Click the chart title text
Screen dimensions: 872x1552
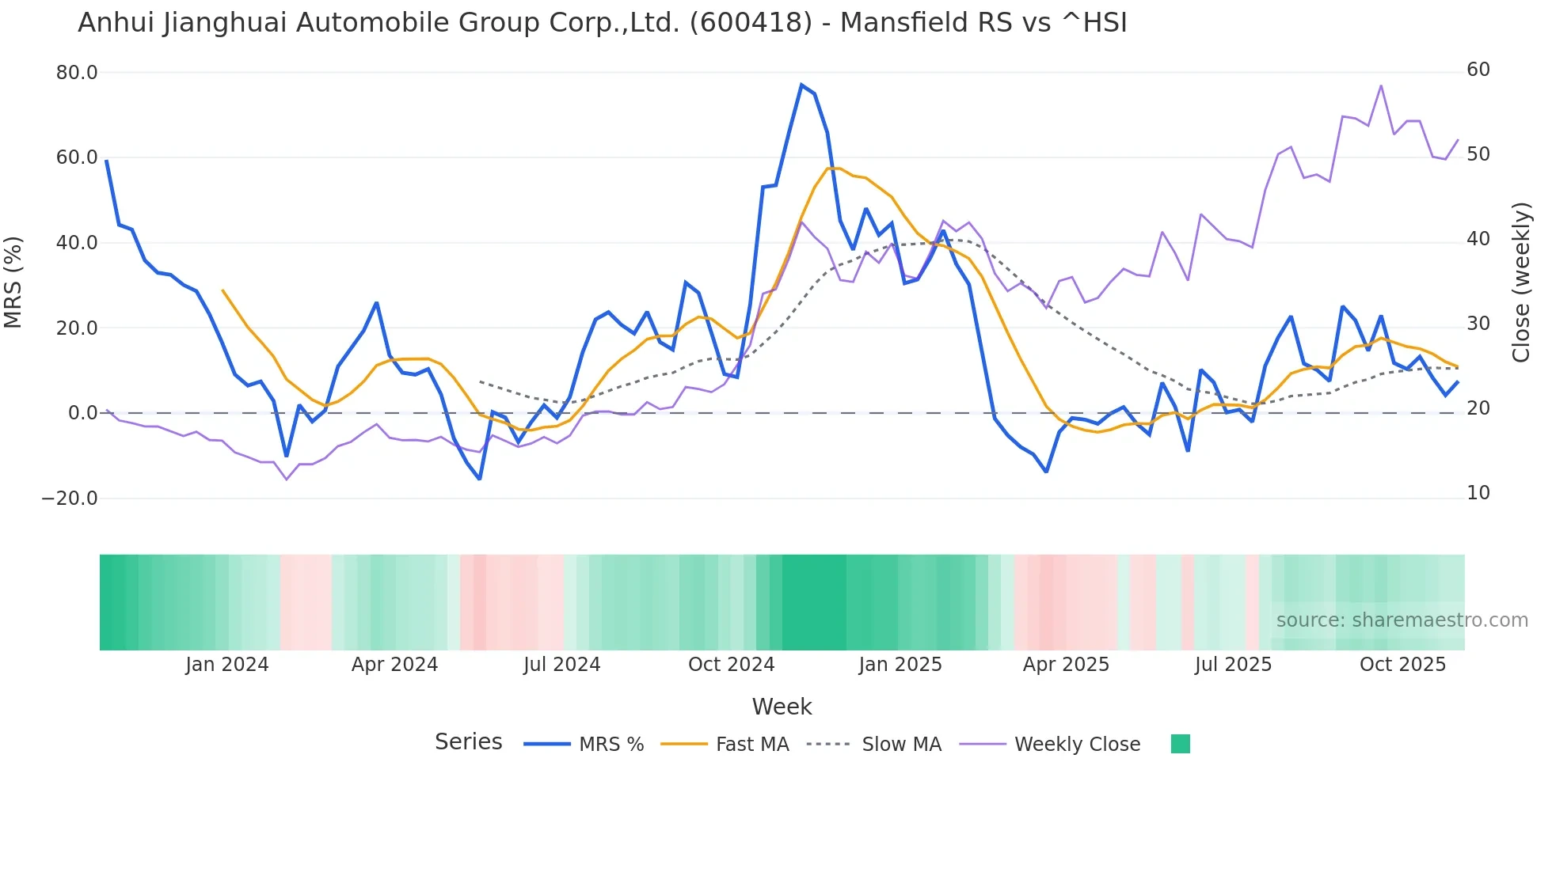coord(602,23)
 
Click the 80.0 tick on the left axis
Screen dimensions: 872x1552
coord(77,73)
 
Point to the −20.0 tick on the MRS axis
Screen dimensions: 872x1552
coord(70,499)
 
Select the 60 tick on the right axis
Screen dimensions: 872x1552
coord(1478,70)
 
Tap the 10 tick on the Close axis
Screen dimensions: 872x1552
coord(1478,493)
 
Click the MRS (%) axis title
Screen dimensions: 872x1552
coord(13,282)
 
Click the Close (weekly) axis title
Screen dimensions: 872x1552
coord(1521,282)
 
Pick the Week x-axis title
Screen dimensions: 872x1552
coord(782,707)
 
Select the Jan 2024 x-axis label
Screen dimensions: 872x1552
coord(227,665)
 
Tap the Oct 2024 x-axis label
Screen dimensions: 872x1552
coord(731,665)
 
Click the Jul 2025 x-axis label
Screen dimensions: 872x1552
coord(1233,665)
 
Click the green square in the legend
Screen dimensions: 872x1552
coord(1180,744)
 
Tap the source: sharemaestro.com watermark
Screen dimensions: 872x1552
coord(1402,620)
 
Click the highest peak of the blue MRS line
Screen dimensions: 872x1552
coord(801,85)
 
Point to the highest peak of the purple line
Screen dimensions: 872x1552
coord(1381,85)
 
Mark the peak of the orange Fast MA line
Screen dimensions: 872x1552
coord(829,168)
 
